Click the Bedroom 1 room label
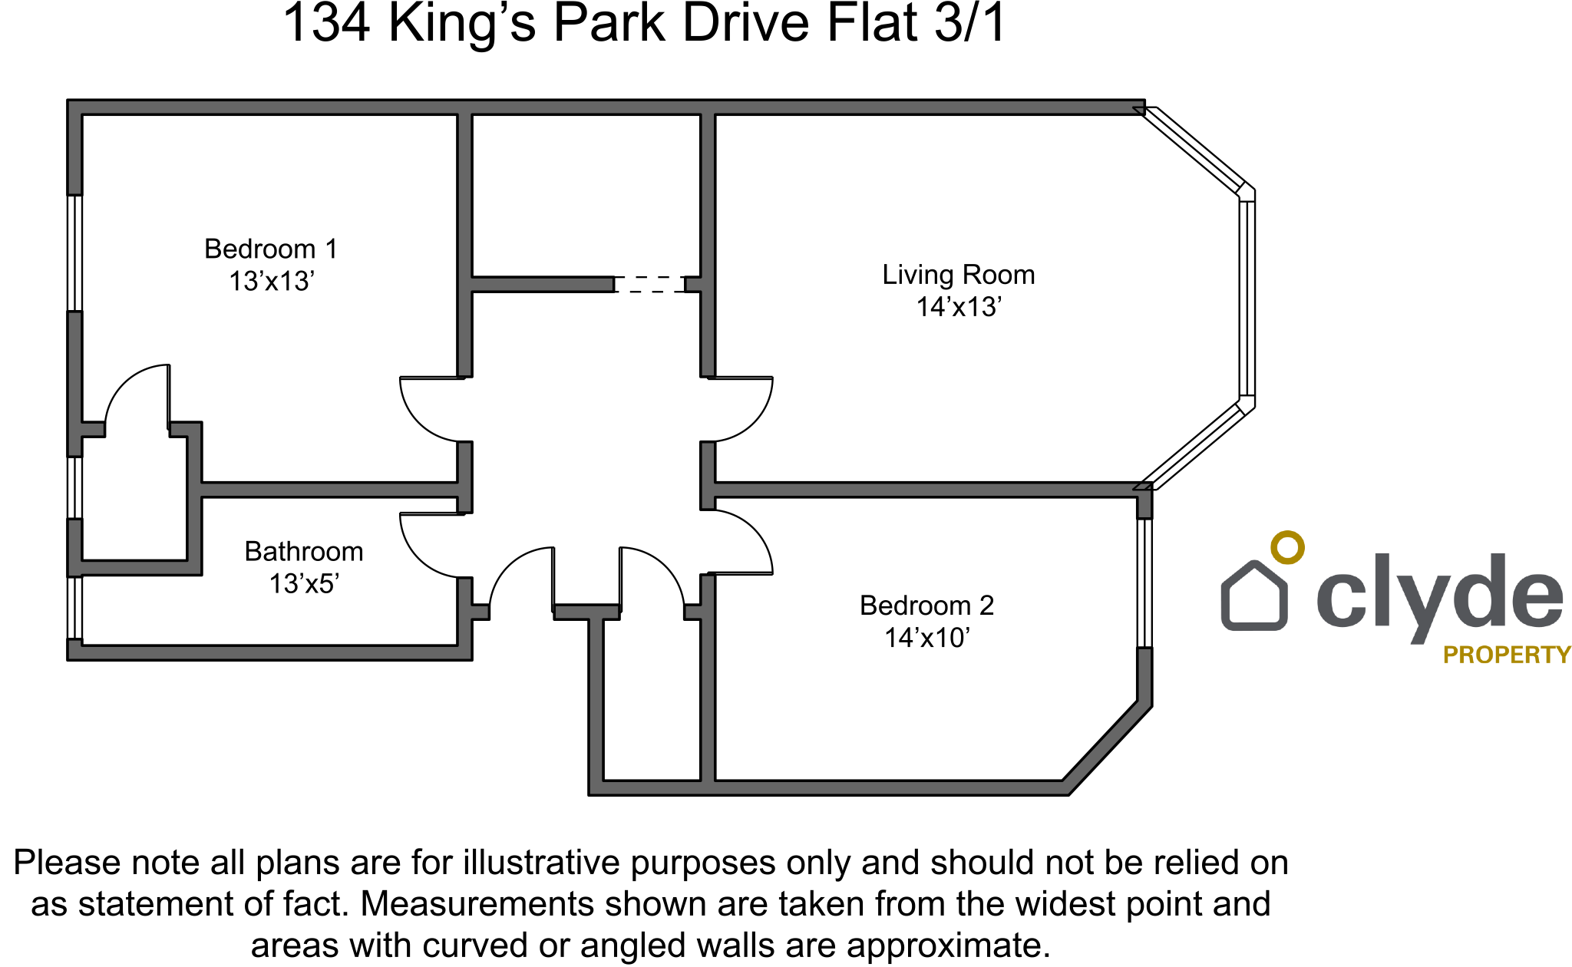pyautogui.click(x=270, y=249)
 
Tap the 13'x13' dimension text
pyautogui.click(x=272, y=282)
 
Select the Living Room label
pyautogui.click(x=958, y=275)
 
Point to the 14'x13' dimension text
pyautogui.click(x=959, y=307)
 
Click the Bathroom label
pyautogui.click(x=304, y=552)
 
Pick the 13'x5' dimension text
pyautogui.click(x=304, y=584)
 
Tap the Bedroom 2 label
pyautogui.click(x=926, y=606)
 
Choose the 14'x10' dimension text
pyautogui.click(x=927, y=638)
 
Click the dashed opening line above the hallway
pyautogui.click(x=650, y=285)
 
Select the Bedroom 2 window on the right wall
pyautogui.click(x=1144, y=583)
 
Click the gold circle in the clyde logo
pyautogui.click(x=1287, y=547)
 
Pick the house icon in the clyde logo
pyautogui.click(x=1253, y=597)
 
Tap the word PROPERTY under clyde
pyautogui.click(x=1507, y=655)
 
